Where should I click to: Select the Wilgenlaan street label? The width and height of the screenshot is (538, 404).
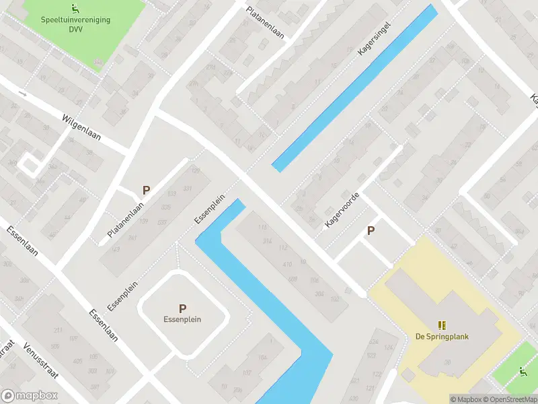[x=81, y=126]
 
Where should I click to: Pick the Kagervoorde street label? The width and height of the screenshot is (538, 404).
[x=341, y=209]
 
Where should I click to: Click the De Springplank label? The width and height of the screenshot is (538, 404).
[x=442, y=337]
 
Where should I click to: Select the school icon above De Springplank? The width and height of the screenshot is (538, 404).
[x=442, y=325]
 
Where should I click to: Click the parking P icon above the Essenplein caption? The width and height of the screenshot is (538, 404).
[x=182, y=308]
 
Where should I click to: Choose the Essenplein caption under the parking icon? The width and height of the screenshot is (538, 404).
[x=182, y=319]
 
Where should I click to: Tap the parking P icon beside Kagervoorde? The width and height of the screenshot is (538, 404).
[x=371, y=231]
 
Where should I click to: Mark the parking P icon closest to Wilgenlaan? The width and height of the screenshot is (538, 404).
[x=145, y=191]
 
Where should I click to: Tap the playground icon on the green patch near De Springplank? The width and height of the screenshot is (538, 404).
[x=522, y=371]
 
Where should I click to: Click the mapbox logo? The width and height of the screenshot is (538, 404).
[x=28, y=396]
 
